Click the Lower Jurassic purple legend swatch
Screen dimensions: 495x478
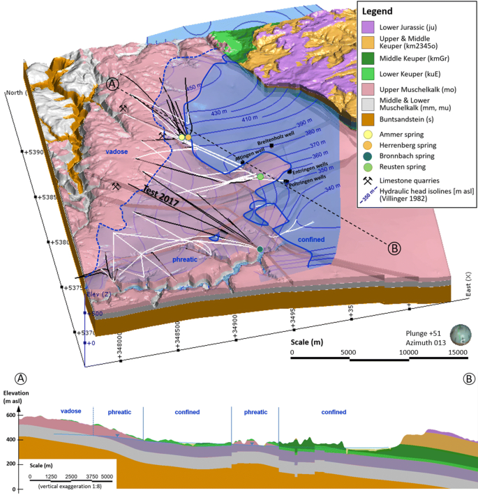368,27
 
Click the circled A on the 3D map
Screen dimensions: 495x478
112,84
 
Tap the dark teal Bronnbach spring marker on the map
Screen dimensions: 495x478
260,249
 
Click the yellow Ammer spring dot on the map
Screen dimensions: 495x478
181,137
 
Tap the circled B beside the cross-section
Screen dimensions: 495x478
469,379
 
